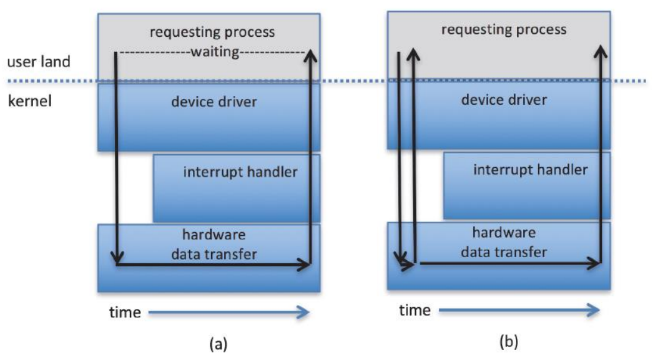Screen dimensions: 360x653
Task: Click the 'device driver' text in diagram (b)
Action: coord(504,99)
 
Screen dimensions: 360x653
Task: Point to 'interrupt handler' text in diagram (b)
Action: coord(530,169)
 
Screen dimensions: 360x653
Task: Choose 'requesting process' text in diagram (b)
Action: coord(504,29)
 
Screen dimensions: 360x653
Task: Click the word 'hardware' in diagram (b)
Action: coord(504,233)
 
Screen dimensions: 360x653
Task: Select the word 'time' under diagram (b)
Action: coord(415,309)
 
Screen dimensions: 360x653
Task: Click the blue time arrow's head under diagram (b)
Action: coord(594,309)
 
